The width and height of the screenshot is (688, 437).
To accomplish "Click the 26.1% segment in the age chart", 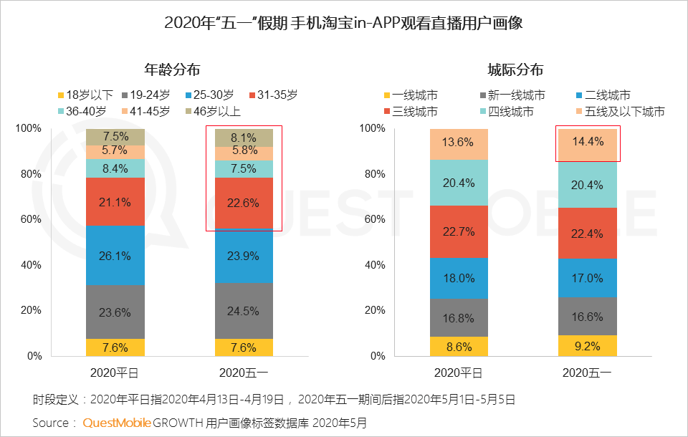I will click(x=115, y=255).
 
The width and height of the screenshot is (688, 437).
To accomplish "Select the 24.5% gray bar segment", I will click(x=244, y=311).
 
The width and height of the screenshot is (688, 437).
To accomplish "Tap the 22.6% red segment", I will click(x=244, y=203).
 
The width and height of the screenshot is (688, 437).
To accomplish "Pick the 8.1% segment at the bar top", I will click(x=244, y=138).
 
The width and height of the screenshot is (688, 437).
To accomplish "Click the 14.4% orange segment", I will click(x=588, y=143).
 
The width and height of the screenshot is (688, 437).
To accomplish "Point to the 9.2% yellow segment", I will click(x=588, y=345).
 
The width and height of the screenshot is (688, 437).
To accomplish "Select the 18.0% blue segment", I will click(x=459, y=278).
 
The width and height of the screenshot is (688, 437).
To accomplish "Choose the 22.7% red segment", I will click(x=459, y=231).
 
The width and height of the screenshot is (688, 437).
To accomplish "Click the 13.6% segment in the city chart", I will click(x=459, y=143).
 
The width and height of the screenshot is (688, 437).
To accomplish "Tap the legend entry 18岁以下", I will click(x=85, y=95).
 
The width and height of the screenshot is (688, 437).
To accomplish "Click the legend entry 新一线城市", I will click(x=511, y=95).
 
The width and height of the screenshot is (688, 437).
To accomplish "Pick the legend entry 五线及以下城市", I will click(x=619, y=111).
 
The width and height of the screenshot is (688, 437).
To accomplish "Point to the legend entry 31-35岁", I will click(x=272, y=95).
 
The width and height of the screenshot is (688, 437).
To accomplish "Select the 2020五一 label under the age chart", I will click(x=244, y=373).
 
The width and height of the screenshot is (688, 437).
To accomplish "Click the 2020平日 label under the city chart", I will click(x=459, y=373).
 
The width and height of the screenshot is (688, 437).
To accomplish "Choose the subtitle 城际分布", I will click(x=515, y=69).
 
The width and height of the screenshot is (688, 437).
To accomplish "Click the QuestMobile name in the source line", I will click(x=117, y=423).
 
